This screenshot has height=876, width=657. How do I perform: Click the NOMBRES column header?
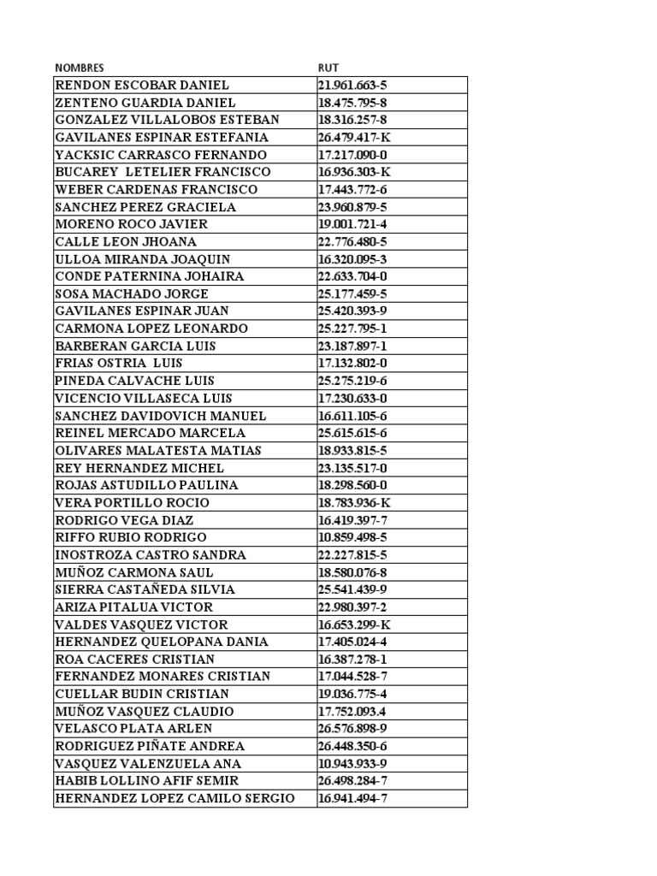pos(80,68)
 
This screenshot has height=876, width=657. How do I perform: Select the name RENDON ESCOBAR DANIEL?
pos(142,86)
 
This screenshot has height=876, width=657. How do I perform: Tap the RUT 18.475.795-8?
pos(352,103)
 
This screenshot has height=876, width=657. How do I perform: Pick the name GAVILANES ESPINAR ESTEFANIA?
pos(162,138)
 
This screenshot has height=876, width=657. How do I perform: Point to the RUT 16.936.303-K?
pos(354,172)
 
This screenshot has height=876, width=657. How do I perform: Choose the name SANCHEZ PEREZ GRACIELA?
pos(145,207)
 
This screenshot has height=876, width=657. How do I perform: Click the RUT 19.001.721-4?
pos(352,224)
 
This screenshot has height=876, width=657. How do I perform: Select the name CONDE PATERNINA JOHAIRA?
pos(150,276)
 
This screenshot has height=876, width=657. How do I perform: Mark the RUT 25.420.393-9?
pos(352,311)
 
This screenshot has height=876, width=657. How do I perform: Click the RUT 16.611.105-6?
pos(352,416)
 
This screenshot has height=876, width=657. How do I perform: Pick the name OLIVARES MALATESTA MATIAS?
pos(158,451)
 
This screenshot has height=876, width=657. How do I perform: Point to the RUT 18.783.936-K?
pos(354,503)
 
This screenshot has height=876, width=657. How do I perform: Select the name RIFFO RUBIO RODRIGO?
pos(131,538)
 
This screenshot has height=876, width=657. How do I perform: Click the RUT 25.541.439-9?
pos(352,590)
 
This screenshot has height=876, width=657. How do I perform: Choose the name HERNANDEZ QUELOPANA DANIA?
pos(162,642)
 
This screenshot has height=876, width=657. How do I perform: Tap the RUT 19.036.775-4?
pos(352,695)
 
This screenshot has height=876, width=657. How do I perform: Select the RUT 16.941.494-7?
pos(352,799)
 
